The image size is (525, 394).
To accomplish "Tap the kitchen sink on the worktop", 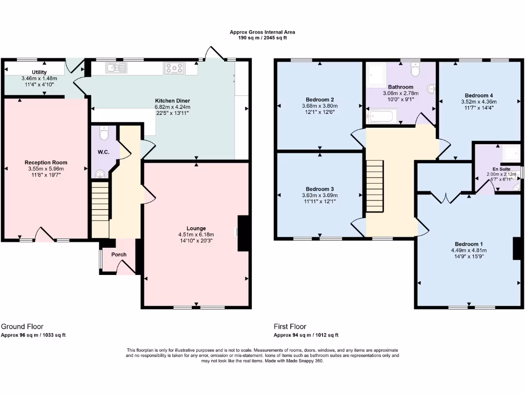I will [116, 68].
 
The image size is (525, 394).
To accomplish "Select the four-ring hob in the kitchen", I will [175, 68].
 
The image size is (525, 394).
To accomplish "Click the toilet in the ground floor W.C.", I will [105, 134].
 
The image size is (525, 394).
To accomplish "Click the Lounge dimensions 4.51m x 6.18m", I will [196, 235].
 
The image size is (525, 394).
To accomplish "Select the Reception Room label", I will [46, 163].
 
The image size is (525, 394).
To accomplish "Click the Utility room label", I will [39, 72].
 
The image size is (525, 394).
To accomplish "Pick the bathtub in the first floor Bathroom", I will [379, 118].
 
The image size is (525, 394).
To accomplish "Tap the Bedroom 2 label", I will [320, 100].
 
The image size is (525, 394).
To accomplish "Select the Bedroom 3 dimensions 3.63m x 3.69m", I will [320, 195].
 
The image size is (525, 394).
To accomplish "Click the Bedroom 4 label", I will [479, 95].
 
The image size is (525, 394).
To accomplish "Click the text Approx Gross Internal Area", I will [262, 32].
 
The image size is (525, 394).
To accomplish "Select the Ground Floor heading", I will [22, 326].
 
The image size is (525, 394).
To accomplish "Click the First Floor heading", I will [290, 326].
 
